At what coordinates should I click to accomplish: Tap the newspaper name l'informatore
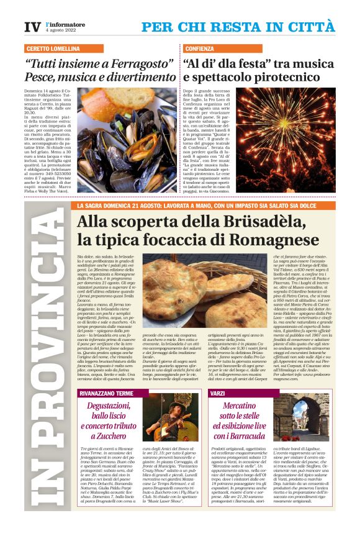66,24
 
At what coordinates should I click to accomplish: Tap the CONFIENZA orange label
199,48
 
